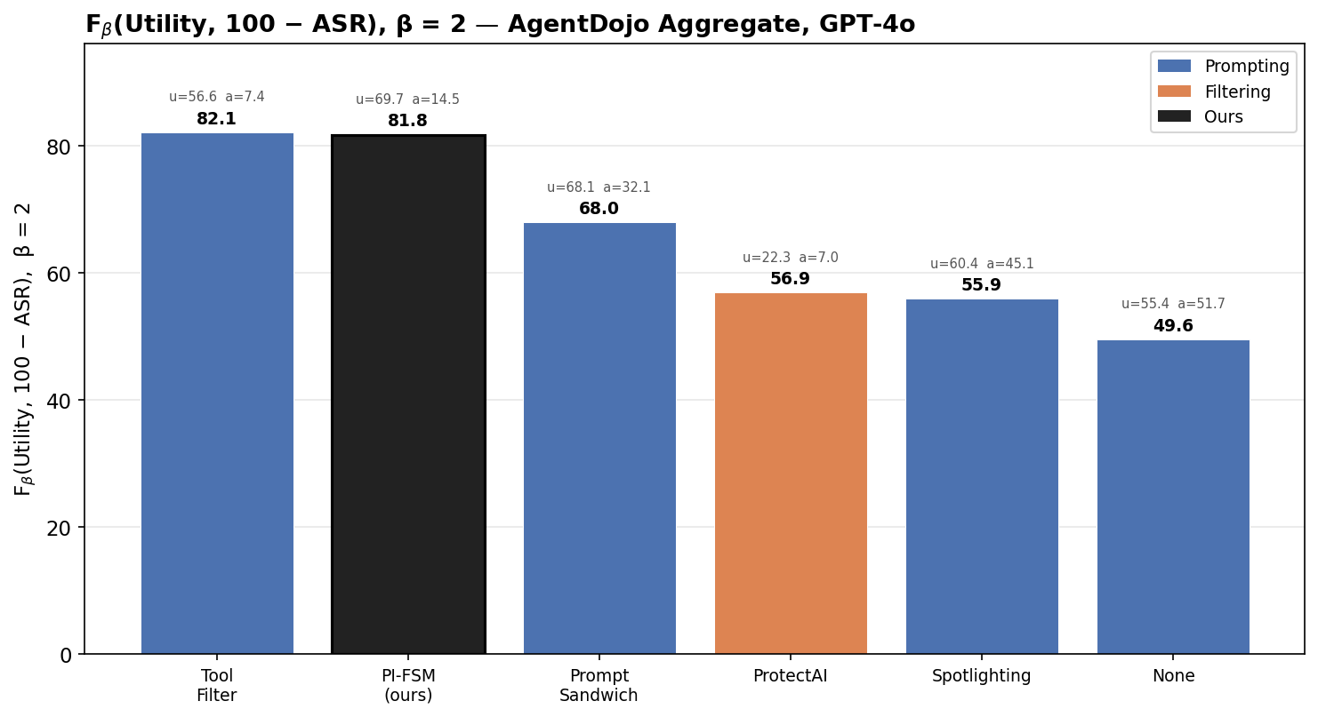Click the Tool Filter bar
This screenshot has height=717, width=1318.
click(217, 394)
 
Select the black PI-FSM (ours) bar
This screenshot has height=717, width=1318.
click(408, 394)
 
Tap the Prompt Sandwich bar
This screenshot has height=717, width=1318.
click(599, 438)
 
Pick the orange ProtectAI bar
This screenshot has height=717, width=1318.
click(791, 474)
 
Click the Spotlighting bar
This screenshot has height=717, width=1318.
click(982, 476)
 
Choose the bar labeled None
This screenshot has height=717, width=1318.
click(1173, 497)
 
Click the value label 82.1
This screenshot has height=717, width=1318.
click(217, 119)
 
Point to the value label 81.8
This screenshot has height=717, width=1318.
click(408, 121)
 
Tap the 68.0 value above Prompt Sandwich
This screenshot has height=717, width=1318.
click(599, 209)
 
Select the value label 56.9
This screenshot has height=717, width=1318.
click(791, 279)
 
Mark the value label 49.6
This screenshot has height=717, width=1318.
click(1173, 326)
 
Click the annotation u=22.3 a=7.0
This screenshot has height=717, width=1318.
click(791, 258)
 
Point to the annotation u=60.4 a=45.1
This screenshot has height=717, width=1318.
click(982, 264)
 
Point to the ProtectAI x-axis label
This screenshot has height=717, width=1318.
click(791, 676)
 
